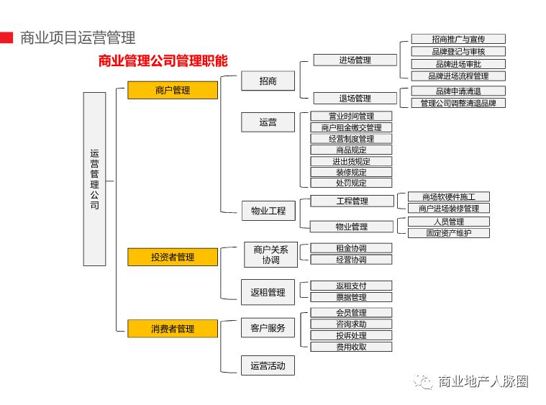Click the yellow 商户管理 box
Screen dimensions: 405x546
click(x=173, y=91)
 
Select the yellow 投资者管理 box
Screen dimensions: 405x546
click(x=173, y=257)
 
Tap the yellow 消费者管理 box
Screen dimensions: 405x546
click(x=173, y=329)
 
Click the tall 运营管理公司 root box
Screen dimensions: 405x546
click(x=94, y=179)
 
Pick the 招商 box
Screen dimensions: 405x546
click(x=268, y=81)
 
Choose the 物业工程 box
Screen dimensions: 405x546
click(x=268, y=211)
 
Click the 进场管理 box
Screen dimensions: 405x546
click(x=355, y=60)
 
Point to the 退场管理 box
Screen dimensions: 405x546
click(x=355, y=99)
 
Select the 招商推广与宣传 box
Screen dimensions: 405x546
click(x=458, y=40)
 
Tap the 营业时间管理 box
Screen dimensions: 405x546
click(x=351, y=117)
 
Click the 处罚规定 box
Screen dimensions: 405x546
click(x=351, y=183)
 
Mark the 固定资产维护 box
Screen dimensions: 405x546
click(x=449, y=233)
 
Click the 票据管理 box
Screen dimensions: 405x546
click(x=351, y=297)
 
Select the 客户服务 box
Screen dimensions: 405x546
click(x=268, y=329)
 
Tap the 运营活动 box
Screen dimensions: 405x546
click(x=268, y=365)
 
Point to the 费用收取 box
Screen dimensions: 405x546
click(x=351, y=347)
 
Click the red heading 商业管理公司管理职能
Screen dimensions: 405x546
click(x=163, y=61)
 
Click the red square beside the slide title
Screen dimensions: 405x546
click(x=6, y=37)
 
